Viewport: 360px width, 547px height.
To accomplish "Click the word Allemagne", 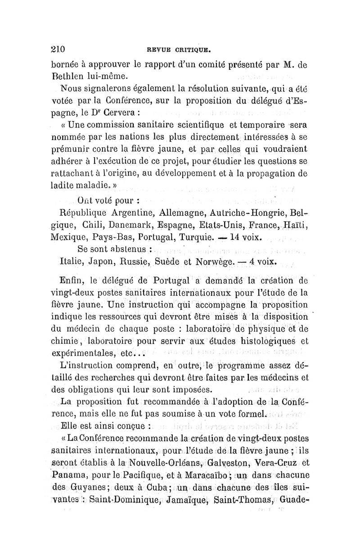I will point(184,212).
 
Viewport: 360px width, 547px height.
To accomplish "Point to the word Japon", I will point(103,262).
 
